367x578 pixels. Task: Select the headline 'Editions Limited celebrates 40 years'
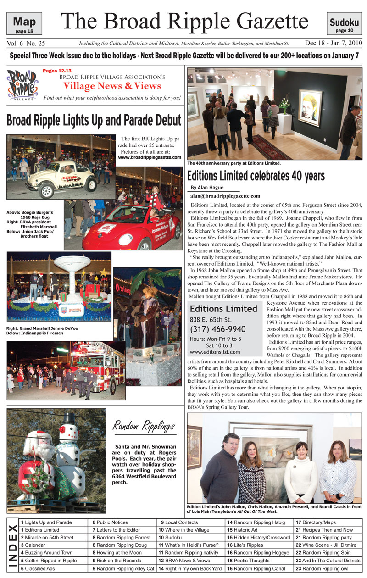pos(256,176)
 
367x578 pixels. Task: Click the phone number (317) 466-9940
pos(217,329)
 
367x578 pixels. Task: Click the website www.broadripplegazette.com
pos(150,157)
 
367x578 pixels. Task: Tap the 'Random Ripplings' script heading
pos(144,427)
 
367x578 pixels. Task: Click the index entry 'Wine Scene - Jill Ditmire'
pos(328,545)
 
